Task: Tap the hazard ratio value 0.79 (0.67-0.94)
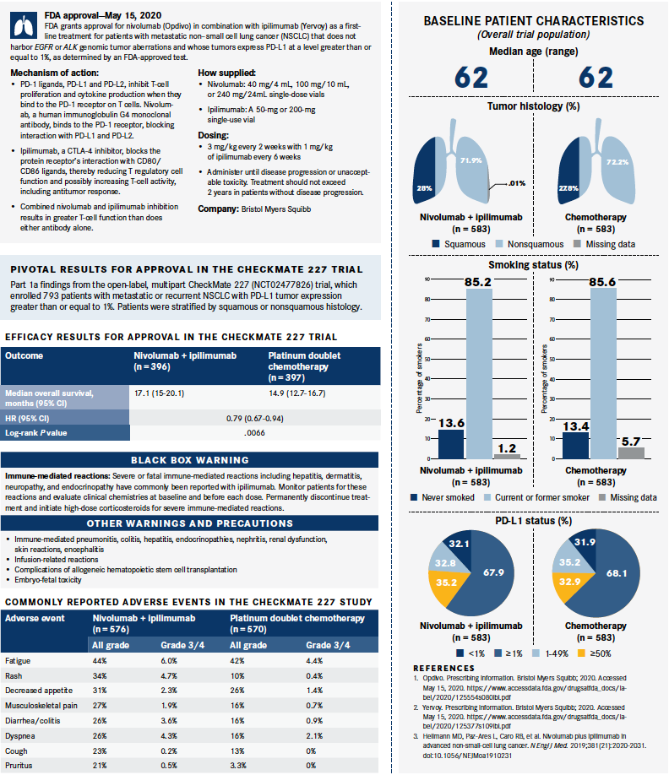pyautogui.click(x=254, y=417)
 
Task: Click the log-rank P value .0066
pyautogui.click(x=254, y=432)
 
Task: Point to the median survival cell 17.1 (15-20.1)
pyautogui.click(x=160, y=393)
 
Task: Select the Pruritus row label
pyautogui.click(x=19, y=765)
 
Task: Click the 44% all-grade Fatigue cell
pyautogui.click(x=99, y=660)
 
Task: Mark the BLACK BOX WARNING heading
pyautogui.click(x=189, y=460)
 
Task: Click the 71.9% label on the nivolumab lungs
pyautogui.click(x=471, y=160)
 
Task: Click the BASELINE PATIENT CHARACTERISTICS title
pyautogui.click(x=533, y=19)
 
